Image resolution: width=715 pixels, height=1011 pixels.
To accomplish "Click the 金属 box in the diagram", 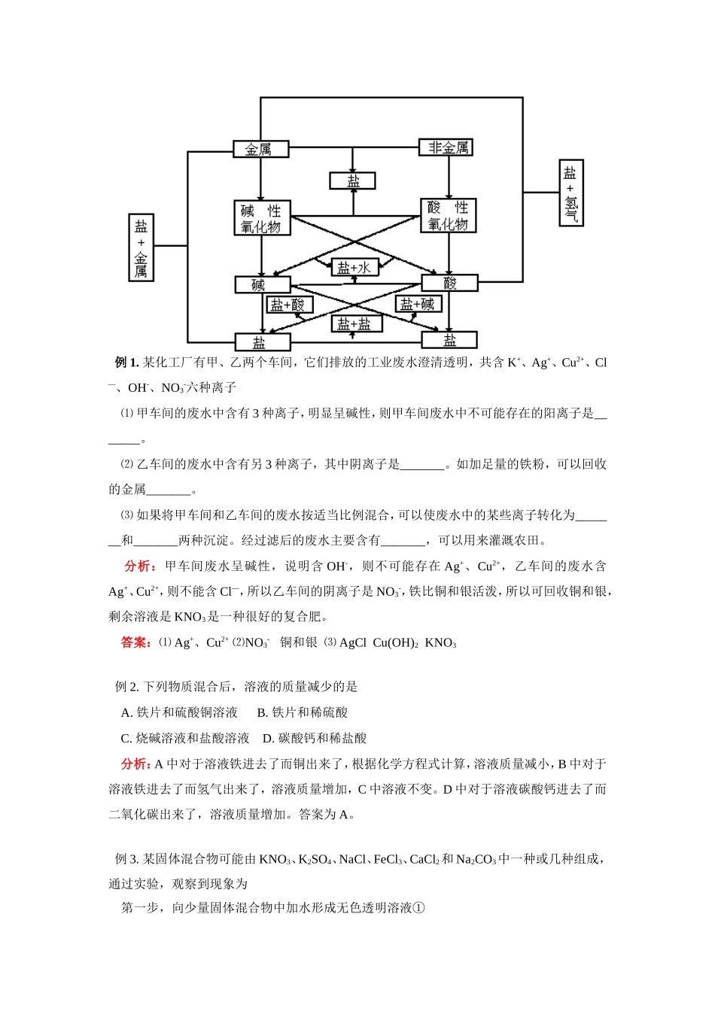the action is click(260, 149).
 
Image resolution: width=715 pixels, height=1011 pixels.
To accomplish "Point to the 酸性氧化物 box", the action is click(448, 216).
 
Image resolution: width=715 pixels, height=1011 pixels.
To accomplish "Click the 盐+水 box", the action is click(354, 268).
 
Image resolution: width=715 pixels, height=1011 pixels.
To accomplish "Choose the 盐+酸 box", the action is click(290, 304).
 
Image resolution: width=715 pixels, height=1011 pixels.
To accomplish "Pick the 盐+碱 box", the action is click(418, 304).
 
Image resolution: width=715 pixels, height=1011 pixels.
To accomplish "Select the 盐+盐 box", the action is click(356, 324).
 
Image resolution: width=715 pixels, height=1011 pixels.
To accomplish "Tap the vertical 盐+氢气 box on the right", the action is click(571, 193).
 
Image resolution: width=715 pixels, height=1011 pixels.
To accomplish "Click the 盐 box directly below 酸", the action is click(449, 340).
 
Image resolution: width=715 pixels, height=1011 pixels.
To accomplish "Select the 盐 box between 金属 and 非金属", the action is click(352, 181).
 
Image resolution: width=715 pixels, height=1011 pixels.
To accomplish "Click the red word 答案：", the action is click(136, 642).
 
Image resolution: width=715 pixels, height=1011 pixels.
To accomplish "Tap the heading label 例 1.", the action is click(126, 363).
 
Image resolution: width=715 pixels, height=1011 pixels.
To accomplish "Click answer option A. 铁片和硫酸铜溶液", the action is click(179, 712).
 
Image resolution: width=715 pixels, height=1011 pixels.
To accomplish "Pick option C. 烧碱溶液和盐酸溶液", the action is click(185, 738).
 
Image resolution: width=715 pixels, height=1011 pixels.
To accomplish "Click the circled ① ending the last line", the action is click(419, 908).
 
